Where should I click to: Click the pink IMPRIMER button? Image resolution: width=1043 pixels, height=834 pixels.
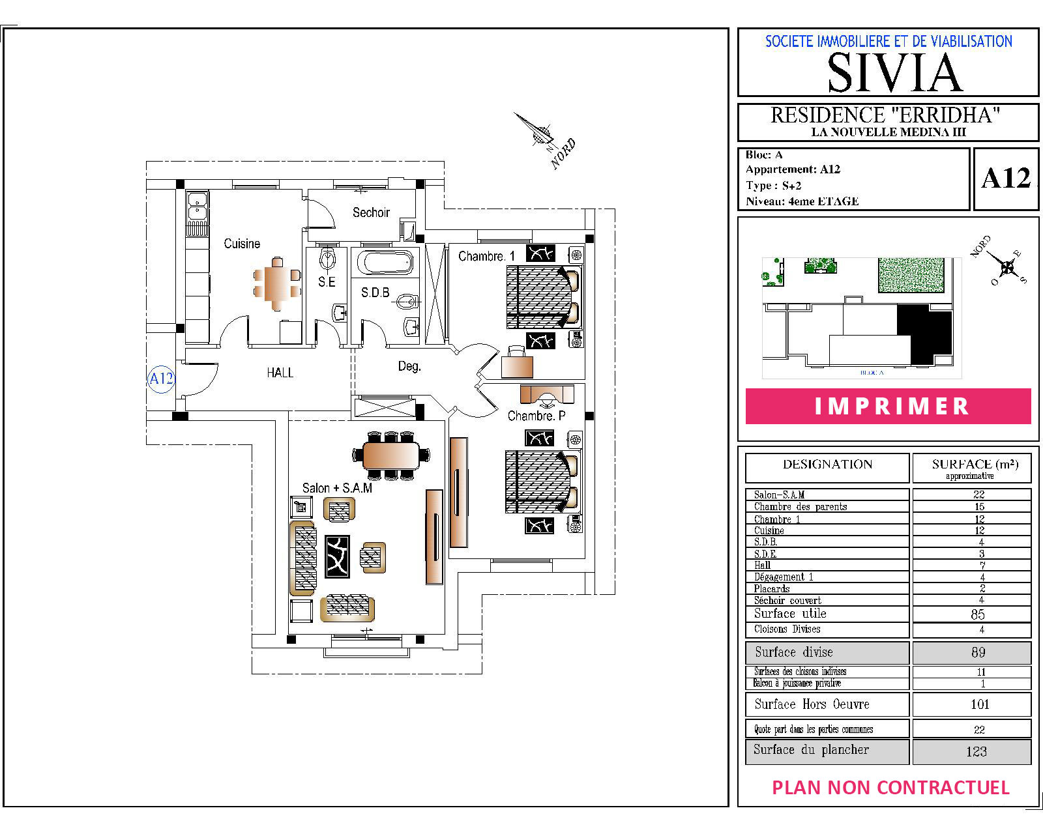pos(888,406)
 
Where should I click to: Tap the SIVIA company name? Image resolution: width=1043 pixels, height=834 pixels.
pos(894,73)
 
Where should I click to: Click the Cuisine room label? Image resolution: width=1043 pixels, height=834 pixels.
pos(242,243)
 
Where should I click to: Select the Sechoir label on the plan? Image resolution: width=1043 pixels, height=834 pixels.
pos(371,212)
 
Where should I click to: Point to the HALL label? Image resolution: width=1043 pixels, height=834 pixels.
pos(280,373)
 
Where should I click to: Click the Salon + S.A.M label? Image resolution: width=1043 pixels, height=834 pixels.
pos(337,488)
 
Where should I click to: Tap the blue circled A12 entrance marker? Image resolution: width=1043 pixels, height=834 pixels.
pos(161,379)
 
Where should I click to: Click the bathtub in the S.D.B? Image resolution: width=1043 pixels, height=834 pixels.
pos(385,262)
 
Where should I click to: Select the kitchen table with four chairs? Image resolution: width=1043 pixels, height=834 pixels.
pos(277,283)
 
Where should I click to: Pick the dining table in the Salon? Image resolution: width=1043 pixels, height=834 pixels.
pos(390,455)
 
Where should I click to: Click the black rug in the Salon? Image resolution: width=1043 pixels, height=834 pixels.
pos(337,557)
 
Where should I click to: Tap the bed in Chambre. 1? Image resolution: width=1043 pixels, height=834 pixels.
pos(543,296)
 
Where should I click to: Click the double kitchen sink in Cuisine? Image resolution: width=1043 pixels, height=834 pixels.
pos(198,205)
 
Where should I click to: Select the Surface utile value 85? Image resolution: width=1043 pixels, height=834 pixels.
pos(978,614)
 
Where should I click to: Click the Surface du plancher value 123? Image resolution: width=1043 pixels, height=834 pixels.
pos(976,751)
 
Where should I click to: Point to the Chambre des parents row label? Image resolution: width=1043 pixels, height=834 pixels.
pos(801,506)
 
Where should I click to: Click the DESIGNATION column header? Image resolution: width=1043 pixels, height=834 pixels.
pos(827,465)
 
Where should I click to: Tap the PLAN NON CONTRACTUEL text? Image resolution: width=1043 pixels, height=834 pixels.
pos(891,788)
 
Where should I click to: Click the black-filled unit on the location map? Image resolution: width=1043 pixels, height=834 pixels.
pos(925,334)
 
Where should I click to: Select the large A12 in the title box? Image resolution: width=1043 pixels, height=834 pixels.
pos(1006,179)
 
